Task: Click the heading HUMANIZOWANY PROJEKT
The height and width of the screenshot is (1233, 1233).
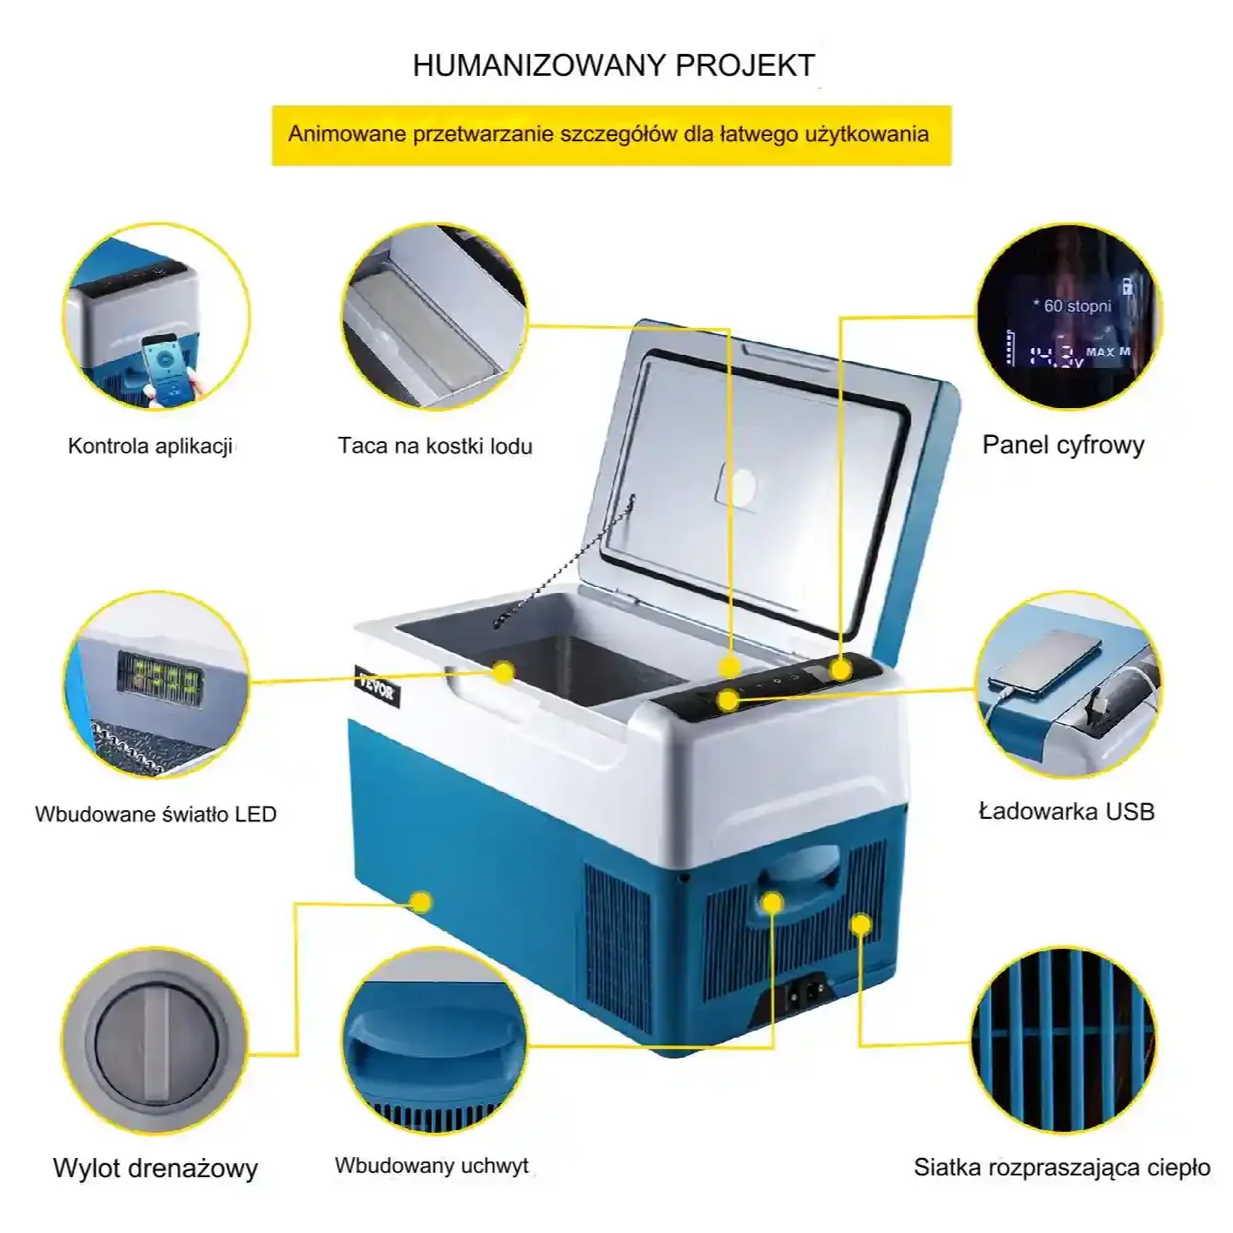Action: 614,65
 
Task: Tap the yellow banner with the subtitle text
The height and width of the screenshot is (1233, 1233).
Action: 611,136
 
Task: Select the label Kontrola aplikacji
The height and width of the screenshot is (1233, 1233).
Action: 150,446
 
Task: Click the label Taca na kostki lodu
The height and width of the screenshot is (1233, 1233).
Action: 435,446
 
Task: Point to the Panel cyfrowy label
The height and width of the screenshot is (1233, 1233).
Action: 1064,446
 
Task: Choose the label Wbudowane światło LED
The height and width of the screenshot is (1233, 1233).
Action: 155,814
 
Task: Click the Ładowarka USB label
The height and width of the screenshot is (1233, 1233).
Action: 1066,811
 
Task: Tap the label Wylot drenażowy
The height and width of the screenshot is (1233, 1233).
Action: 155,1168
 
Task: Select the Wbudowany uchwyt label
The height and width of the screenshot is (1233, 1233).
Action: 432,1165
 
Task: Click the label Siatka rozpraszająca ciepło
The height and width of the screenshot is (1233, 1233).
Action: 1062,1167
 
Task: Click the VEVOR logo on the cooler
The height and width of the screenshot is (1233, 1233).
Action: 377,685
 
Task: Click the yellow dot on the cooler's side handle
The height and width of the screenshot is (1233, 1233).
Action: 773,903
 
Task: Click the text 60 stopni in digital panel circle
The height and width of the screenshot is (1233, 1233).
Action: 1073,306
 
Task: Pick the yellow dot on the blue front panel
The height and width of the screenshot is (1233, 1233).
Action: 421,903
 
